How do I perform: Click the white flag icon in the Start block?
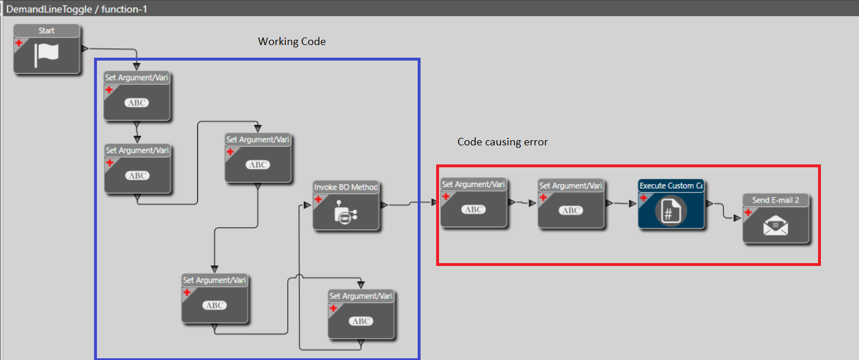[47, 55]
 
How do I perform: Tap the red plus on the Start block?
[18, 43]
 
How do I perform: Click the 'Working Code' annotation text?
[291, 42]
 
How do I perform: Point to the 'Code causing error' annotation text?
[502, 141]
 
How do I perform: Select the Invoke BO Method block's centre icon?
[346, 213]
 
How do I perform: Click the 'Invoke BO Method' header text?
[346, 187]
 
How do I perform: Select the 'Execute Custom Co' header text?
[672, 186]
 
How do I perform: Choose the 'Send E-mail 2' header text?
[776, 200]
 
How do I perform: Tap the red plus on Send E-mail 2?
[748, 212]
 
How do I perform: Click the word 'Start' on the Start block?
[47, 31]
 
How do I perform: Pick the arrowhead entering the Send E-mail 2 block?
[737, 219]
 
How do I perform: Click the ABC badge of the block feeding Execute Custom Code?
[571, 210]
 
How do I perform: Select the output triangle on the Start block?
[84, 48]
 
